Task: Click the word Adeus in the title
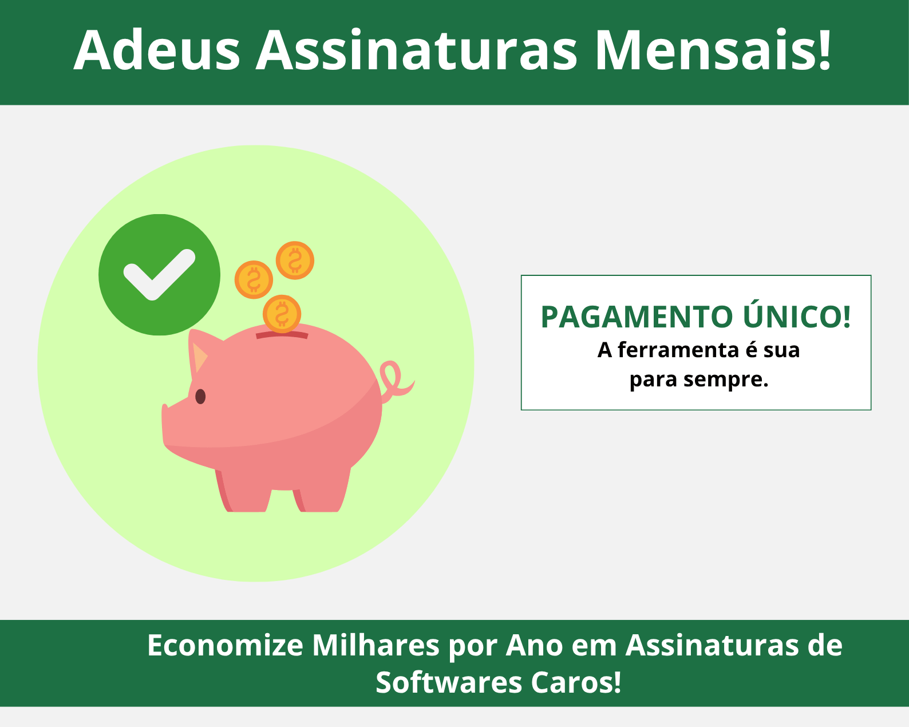point(157,50)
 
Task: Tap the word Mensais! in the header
point(713,50)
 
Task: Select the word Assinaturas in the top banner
point(416,50)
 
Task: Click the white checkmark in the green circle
point(159,275)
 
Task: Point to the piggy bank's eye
point(200,397)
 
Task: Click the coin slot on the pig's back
point(282,335)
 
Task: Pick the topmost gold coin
point(295,260)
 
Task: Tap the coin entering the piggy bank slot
point(282,314)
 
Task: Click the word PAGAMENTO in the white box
point(637,317)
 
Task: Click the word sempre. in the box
point(726,380)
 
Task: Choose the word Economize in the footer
point(225,646)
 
